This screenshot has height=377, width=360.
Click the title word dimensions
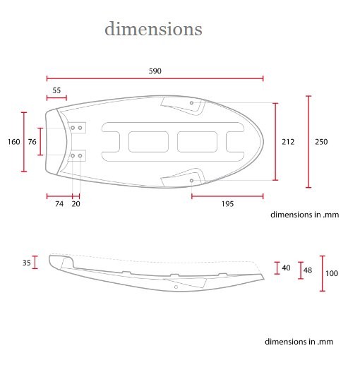pos(153,29)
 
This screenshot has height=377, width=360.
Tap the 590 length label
pos(155,71)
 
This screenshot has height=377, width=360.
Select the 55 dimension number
pos(56,90)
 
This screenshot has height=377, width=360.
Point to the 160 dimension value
pos(13,142)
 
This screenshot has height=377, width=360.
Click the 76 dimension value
pos(32,142)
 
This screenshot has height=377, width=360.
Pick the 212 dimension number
pos(288,142)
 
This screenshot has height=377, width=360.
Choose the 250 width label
pos(321,142)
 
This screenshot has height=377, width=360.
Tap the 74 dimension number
pos(59,204)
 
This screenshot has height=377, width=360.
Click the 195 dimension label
pos(227,204)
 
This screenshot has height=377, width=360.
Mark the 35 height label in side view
pos(26,263)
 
